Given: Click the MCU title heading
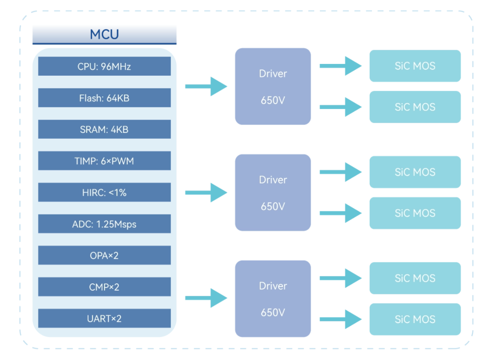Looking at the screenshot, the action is [x=105, y=34].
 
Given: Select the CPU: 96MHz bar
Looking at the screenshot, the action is [x=105, y=66].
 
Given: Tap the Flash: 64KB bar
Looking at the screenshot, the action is [x=105, y=98].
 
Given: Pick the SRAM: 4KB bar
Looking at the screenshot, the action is [x=105, y=129].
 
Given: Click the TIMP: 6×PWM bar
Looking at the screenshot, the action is [x=105, y=161].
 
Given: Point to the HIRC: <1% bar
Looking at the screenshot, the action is [x=105, y=192].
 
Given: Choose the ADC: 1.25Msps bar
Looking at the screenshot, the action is [x=105, y=224].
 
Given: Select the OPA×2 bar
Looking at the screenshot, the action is [x=105, y=255].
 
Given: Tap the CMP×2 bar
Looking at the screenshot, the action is [x=105, y=287].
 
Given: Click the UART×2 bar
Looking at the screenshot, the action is [x=105, y=318].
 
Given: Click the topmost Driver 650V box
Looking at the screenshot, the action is [x=273, y=86].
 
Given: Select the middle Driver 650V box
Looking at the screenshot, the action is [x=273, y=193].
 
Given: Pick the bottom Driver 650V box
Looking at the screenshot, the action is [x=273, y=299].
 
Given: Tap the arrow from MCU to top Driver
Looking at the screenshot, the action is [x=206, y=86].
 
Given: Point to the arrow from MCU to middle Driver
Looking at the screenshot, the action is [x=206, y=193].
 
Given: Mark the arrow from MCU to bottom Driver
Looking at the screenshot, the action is [x=206, y=298].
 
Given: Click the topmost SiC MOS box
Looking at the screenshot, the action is [x=415, y=66].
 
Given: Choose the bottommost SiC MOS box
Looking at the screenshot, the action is [x=415, y=319].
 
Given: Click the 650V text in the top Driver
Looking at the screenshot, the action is [x=273, y=100].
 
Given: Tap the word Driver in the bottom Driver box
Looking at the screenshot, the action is [x=273, y=286].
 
